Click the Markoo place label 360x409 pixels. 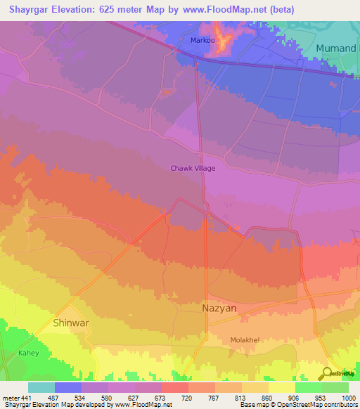point(203,40)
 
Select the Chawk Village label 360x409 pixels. point(193,168)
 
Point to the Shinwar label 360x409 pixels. point(72,323)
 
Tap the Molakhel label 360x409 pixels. point(245,340)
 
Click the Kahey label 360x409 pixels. point(29,353)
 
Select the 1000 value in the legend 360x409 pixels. point(348,398)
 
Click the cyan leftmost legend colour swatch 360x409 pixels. point(41,387)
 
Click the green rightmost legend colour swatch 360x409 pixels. point(335,387)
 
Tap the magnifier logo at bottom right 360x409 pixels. point(327,372)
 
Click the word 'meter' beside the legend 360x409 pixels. point(10,398)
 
